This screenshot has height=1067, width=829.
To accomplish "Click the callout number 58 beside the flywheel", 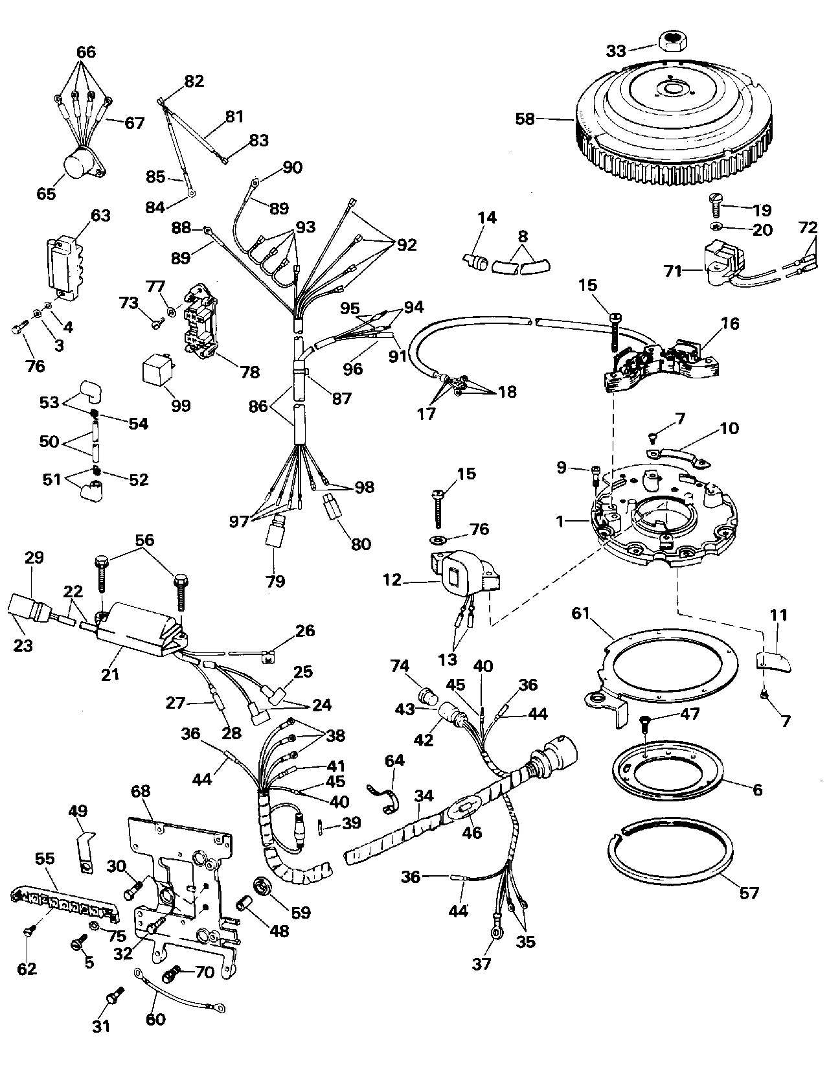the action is (525, 119).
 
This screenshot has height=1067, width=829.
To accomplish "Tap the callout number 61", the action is (581, 614).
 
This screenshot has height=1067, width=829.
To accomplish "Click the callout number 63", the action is (100, 216).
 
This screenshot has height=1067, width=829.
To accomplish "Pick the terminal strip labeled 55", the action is (63, 903).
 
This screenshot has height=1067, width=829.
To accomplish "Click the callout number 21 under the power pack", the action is (110, 674).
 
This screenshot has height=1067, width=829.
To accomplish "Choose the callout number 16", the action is (730, 323).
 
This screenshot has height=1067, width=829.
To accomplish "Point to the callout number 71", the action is (674, 271).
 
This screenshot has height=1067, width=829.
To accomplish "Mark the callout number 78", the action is (251, 373).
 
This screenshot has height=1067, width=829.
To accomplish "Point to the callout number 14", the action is (488, 217).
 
